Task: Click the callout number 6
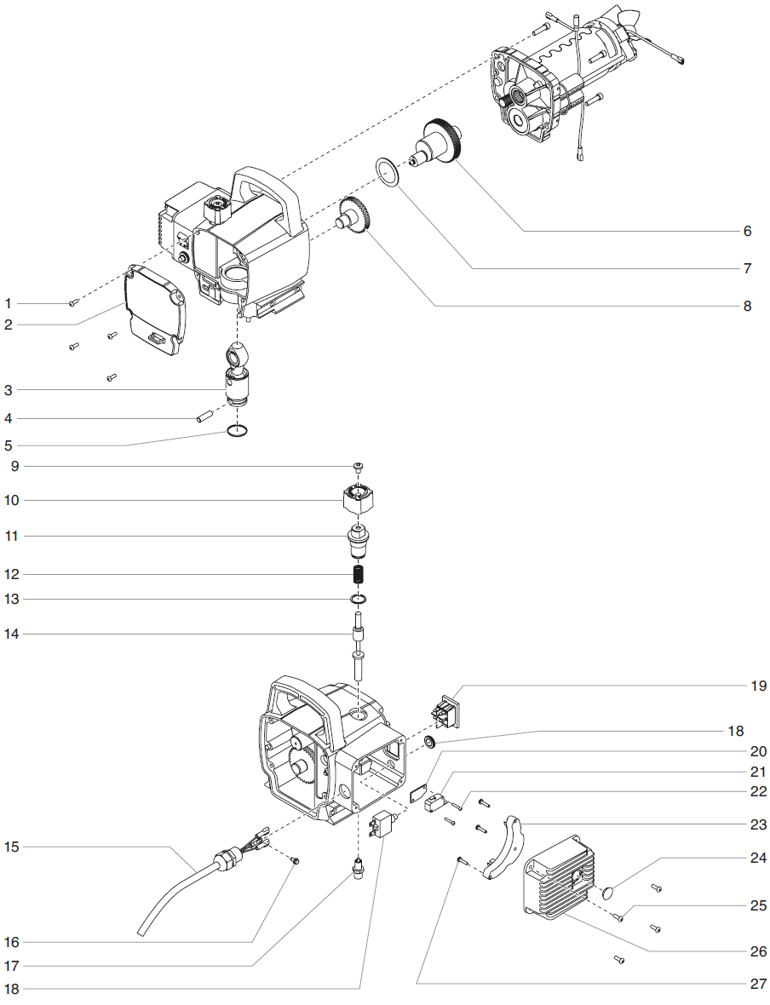pos(746,231)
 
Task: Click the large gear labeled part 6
pos(443,141)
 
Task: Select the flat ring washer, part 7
pos(388,170)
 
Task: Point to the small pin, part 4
pos(204,417)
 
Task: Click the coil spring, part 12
pos(359,574)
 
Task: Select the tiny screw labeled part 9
pos(359,466)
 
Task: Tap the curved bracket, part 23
pos(503,847)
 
